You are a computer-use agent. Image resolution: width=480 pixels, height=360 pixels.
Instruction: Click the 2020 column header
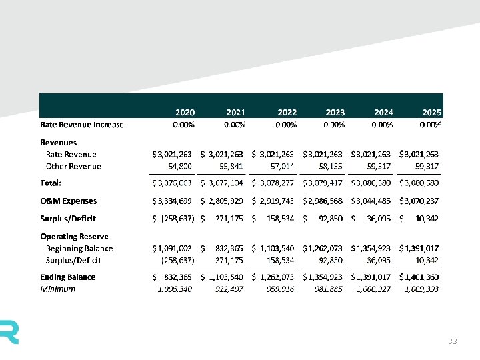(185, 113)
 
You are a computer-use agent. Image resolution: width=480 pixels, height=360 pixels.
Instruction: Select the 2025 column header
(431, 113)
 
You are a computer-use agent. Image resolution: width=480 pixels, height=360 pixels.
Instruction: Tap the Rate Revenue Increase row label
(82, 124)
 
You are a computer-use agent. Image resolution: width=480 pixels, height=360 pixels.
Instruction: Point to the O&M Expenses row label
(69, 201)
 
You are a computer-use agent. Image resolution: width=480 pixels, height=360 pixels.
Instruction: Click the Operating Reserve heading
(75, 237)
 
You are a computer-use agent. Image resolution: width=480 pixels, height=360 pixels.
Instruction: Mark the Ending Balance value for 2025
(419, 277)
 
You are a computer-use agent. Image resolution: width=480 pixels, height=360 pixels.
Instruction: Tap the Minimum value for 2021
(229, 289)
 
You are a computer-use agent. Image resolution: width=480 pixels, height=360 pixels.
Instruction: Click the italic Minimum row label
(58, 289)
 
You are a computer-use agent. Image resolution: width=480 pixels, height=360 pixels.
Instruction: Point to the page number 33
(453, 341)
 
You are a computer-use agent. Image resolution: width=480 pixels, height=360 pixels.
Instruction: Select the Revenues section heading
(59, 142)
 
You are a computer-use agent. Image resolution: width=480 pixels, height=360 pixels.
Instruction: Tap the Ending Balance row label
(68, 277)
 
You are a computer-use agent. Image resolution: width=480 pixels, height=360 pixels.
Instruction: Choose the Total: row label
(51, 182)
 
